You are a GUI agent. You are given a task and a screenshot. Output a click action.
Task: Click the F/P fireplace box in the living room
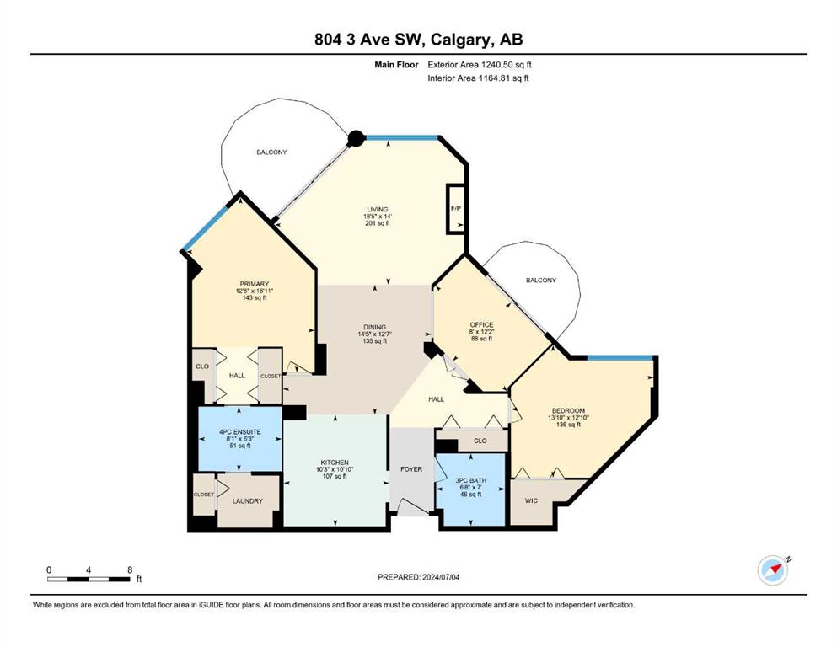pyautogui.click(x=455, y=209)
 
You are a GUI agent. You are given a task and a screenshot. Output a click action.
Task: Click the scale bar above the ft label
pyautogui.click(x=89, y=579)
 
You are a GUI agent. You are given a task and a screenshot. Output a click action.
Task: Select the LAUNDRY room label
pyautogui.click(x=248, y=501)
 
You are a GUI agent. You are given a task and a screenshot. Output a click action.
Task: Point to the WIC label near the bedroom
pyautogui.click(x=531, y=500)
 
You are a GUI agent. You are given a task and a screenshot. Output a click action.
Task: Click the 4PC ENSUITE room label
pyautogui.click(x=240, y=431)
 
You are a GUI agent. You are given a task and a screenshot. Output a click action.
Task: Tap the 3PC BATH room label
pyautogui.click(x=471, y=480)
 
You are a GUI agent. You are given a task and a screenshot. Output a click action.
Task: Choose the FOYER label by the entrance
pyautogui.click(x=411, y=469)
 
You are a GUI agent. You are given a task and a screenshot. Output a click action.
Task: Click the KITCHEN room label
pyautogui.click(x=335, y=463)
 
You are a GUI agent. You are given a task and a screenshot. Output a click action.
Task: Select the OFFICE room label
pyautogui.click(x=481, y=324)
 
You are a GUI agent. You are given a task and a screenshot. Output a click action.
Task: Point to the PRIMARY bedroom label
pyautogui.click(x=254, y=284)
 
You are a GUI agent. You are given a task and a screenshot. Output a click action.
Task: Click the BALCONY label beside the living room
pyautogui.click(x=271, y=152)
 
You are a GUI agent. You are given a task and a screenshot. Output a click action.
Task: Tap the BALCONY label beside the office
pyautogui.click(x=541, y=280)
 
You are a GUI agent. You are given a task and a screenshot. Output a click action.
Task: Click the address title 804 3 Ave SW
pyautogui.click(x=369, y=40)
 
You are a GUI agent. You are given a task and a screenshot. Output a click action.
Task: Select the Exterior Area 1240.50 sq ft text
pyautogui.click(x=480, y=65)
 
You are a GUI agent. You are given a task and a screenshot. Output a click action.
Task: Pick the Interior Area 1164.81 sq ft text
pyautogui.click(x=478, y=78)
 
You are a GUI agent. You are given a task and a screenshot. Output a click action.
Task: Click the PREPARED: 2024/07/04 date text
pyautogui.click(x=418, y=577)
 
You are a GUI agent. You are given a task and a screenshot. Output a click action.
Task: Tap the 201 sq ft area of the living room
pyautogui.click(x=377, y=223)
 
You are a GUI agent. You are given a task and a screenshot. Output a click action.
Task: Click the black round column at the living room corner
pyautogui.click(x=356, y=139)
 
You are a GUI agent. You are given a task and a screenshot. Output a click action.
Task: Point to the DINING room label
pyautogui.click(x=375, y=327)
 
